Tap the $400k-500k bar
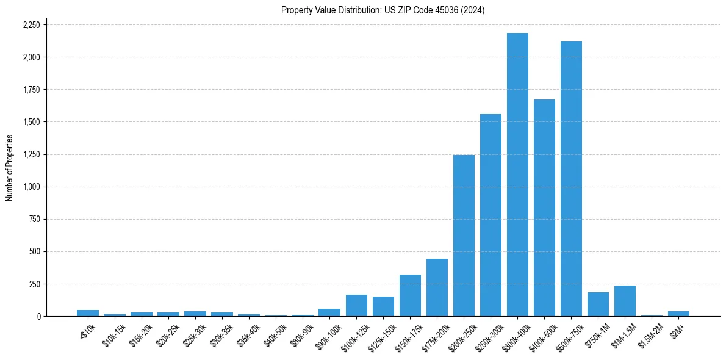[544, 207]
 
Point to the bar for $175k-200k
[437, 287]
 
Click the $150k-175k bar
[410, 295]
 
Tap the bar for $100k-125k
[356, 305]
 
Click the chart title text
[383, 10]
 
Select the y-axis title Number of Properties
[10, 168]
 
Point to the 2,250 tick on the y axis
[31, 25]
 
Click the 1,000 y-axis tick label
[31, 187]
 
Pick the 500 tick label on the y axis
[35, 251]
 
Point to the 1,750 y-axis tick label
[31, 90]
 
